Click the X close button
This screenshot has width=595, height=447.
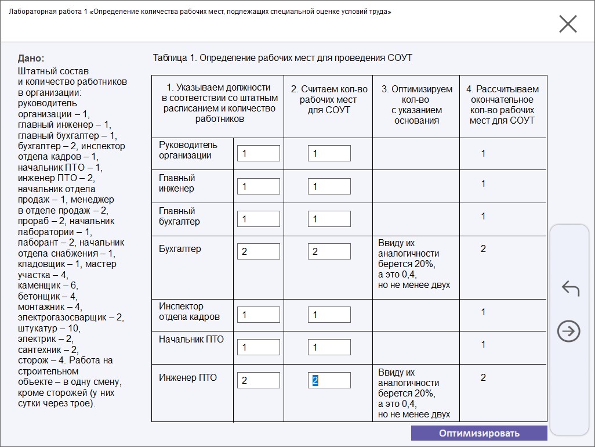click(568, 24)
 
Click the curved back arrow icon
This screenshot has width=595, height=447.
click(571, 288)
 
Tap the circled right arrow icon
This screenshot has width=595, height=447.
click(568, 331)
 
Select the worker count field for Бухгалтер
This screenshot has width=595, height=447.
click(258, 251)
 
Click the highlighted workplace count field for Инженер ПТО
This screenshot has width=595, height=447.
click(329, 380)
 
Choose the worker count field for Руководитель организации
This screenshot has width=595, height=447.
click(258, 153)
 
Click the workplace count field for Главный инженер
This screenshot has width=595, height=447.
click(329, 186)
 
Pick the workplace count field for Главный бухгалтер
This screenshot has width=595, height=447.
click(329, 219)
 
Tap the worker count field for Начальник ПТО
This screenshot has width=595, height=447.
click(258, 347)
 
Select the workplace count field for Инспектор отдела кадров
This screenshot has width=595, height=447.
click(329, 315)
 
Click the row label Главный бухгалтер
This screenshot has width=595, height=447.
click(179, 216)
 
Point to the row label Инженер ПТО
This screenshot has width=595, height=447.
click(188, 378)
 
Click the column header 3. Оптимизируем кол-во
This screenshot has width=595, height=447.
click(416, 104)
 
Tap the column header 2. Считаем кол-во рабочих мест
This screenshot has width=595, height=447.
click(329, 99)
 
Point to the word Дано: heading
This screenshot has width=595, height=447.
click(31, 59)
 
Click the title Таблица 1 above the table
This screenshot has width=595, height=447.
click(282, 57)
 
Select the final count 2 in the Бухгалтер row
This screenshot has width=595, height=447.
click(483, 248)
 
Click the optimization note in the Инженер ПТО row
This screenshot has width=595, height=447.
click(413, 393)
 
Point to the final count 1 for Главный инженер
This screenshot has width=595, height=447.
click(483, 183)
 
